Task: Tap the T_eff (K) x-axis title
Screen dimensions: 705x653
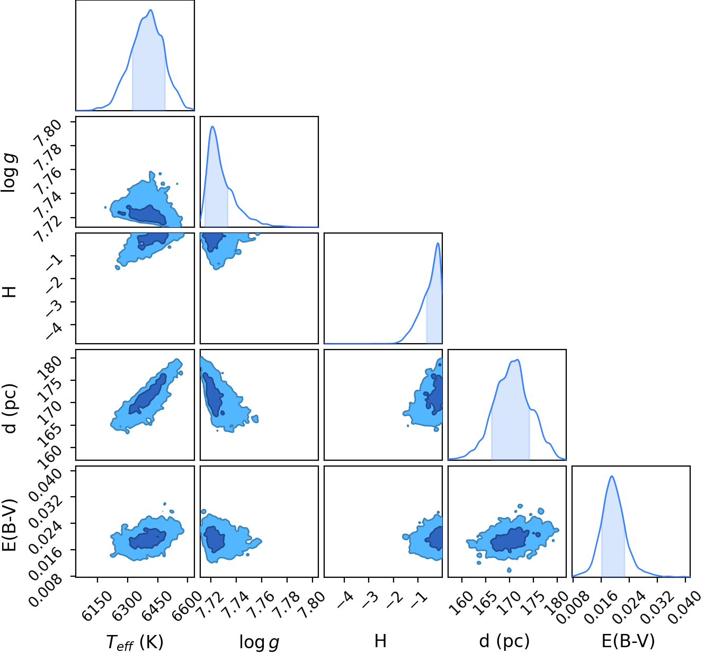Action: click(x=135, y=641)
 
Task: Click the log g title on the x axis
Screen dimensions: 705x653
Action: click(x=259, y=642)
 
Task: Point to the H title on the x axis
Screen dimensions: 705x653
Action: click(x=380, y=641)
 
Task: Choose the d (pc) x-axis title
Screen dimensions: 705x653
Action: click(x=504, y=641)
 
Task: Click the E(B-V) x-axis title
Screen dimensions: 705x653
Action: click(x=628, y=641)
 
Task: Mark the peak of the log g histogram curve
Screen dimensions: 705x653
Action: click(x=212, y=127)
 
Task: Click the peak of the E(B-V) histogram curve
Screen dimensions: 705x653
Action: click(x=612, y=476)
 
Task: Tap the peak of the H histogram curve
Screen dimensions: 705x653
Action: click(x=438, y=243)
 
